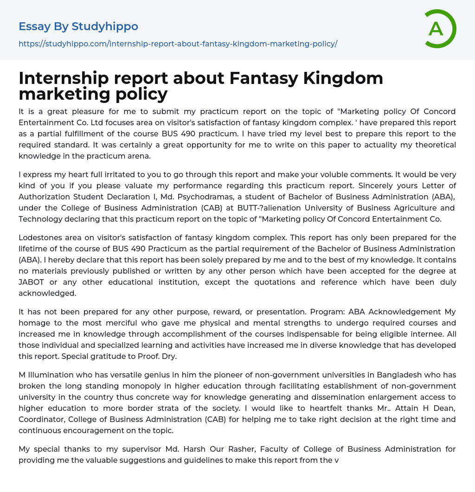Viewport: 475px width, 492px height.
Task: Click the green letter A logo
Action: [x=440, y=29]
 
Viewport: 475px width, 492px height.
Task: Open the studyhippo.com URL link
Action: [x=178, y=44]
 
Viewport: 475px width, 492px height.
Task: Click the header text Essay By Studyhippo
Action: [x=78, y=26]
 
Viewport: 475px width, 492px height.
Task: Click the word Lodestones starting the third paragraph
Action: [x=40, y=238]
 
